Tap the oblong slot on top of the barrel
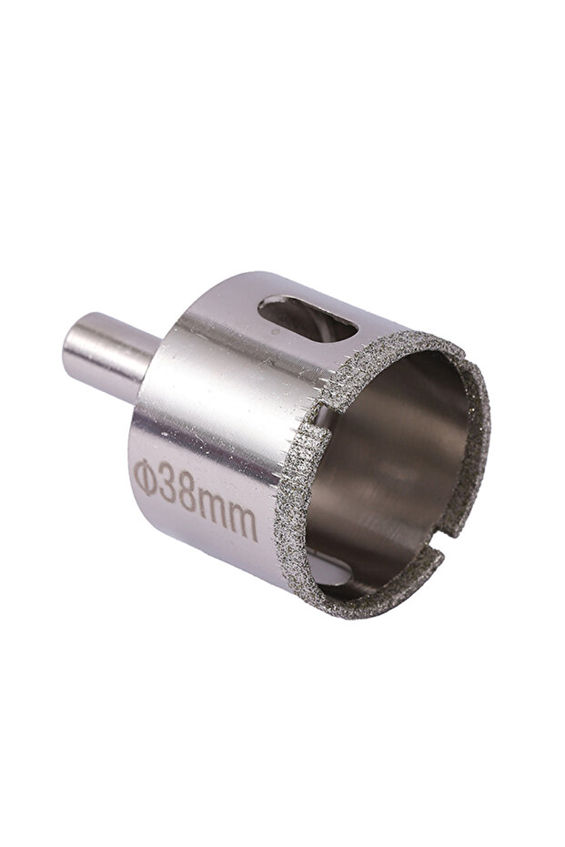(x=308, y=322)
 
